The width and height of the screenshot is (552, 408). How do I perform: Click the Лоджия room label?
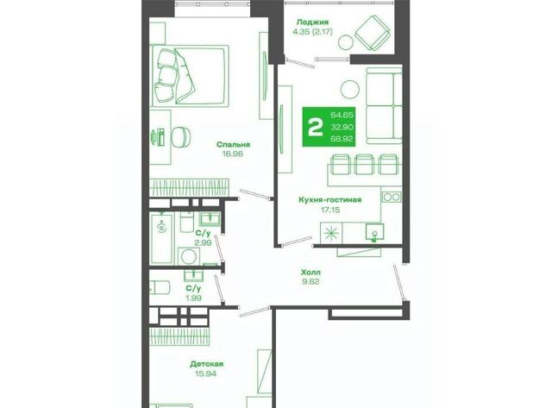[312, 22]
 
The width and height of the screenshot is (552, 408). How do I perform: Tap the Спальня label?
[233, 144]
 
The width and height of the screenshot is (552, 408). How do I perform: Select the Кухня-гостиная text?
[329, 200]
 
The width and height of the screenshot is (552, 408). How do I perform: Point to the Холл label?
[310, 272]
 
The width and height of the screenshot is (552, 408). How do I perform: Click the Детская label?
[207, 364]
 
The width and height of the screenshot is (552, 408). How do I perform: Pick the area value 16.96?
[233, 154]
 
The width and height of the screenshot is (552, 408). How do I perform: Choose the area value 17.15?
[330, 210]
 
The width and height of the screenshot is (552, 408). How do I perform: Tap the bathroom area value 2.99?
[204, 242]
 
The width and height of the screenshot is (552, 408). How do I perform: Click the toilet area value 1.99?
[193, 298]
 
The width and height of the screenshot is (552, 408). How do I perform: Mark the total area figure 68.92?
[342, 139]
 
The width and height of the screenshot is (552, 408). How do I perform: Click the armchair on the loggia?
[373, 33]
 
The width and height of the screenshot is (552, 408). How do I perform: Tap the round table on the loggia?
[345, 42]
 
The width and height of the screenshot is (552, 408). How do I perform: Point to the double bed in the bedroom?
[190, 75]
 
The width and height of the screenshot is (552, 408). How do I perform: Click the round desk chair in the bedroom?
[182, 136]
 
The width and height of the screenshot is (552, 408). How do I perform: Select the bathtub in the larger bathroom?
[161, 238]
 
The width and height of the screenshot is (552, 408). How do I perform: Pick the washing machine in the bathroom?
[189, 257]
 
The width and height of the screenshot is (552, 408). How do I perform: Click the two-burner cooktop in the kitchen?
[392, 197]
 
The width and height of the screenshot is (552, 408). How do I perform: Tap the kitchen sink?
[374, 232]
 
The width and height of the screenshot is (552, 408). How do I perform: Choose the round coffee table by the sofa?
[350, 89]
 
